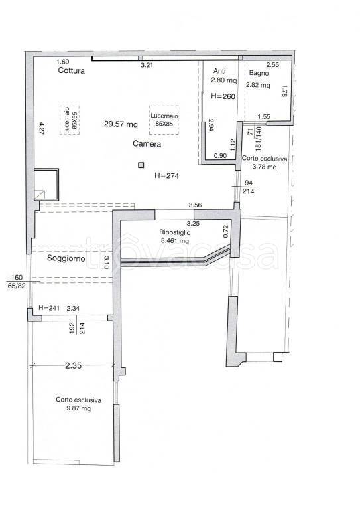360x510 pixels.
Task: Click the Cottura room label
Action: [72, 70]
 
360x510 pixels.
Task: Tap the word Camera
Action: [147, 143]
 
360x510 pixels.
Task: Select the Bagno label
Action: [259, 73]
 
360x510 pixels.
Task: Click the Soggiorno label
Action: [66, 258]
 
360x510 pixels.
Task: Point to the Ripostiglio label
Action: [174, 232]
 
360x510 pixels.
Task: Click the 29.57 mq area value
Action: [121, 124]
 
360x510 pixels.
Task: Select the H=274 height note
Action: [167, 175]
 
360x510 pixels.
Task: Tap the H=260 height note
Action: [223, 96]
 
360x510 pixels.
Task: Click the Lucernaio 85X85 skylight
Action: [164, 120]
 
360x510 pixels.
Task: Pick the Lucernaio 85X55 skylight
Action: [70, 120]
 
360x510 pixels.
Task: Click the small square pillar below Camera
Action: [141, 165]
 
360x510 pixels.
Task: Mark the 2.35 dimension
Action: [73, 365]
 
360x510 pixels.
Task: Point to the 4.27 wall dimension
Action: [41, 129]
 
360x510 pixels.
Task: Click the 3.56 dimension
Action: [195, 205]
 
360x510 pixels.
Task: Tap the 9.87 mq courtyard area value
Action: [78, 408]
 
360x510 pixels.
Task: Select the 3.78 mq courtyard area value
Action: [265, 167]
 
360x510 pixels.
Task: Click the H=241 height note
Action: [49, 307]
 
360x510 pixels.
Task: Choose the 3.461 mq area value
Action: [174, 241]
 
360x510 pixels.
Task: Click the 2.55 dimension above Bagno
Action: [272, 64]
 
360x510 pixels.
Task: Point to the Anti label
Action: [219, 71]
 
